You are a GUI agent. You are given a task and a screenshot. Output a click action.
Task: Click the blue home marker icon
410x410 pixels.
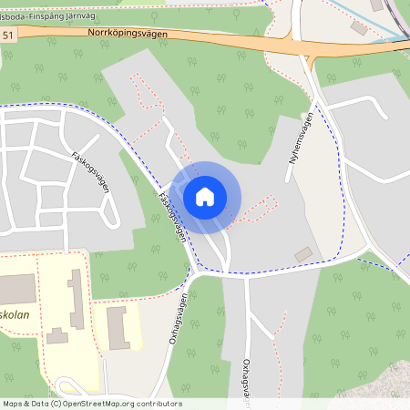coord(205,196)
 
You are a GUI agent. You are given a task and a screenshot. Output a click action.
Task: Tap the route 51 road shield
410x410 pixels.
coord(8,35)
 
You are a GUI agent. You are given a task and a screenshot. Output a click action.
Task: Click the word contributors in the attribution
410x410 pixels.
coord(156,404)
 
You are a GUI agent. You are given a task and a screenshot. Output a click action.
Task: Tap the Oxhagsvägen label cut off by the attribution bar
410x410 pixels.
coord(247,378)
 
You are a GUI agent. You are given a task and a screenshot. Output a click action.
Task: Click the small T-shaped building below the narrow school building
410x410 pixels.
coord(58,337)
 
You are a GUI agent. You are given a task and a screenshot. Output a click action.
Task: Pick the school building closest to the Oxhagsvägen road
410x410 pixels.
coord(118,327)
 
